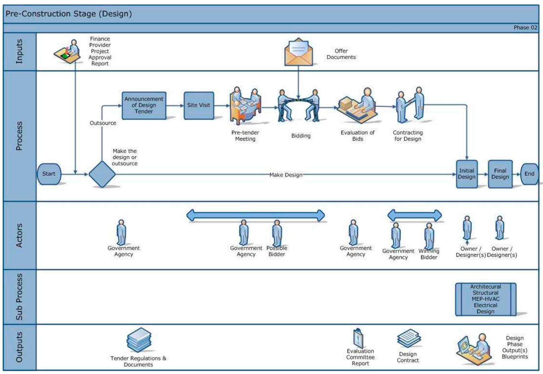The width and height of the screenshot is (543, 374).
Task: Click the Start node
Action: pyautogui.click(x=49, y=174)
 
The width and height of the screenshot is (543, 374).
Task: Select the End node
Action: pyautogui.click(x=529, y=174)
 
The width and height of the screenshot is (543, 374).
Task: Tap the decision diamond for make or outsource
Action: pyautogui.click(x=102, y=174)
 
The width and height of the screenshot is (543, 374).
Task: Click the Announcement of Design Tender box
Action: pyautogui.click(x=144, y=105)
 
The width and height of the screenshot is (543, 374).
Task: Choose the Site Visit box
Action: pyautogui.click(x=199, y=105)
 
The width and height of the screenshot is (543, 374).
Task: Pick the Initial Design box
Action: pyautogui.click(x=467, y=174)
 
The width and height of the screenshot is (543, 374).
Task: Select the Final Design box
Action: pyautogui.click(x=500, y=174)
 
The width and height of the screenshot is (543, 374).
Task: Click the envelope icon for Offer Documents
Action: pyautogui.click(x=299, y=52)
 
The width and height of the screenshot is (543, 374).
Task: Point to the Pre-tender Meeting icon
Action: pyautogui.click(x=245, y=105)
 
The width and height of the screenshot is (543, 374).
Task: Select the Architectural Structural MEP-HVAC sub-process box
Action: pyautogui.click(x=485, y=299)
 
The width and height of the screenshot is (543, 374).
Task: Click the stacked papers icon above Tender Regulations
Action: pyautogui.click(x=139, y=340)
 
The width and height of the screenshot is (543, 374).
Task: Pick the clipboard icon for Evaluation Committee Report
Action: pyautogui.click(x=358, y=338)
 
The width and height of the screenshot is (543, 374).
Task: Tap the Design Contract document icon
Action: pyautogui.click(x=409, y=339)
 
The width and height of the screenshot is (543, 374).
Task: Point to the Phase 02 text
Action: pyautogui.click(x=525, y=28)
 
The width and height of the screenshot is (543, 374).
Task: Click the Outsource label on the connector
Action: pyautogui.click(x=103, y=123)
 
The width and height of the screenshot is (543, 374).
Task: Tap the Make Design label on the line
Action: pyautogui.click(x=286, y=175)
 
